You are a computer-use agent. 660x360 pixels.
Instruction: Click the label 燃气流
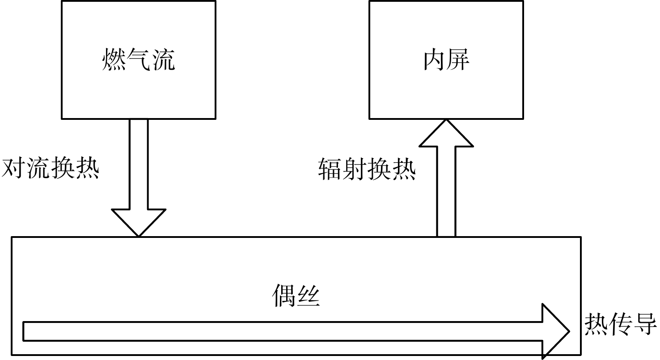tap(139, 59)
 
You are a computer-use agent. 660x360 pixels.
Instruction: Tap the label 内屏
tap(446, 59)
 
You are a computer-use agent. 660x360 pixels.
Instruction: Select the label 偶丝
tap(296, 296)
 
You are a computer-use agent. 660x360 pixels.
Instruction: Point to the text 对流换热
tap(50, 169)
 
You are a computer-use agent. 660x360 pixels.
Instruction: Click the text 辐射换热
tap(367, 169)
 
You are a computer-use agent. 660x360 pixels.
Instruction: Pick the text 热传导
tap(621, 324)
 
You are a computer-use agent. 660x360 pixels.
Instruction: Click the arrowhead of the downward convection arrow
tap(139, 223)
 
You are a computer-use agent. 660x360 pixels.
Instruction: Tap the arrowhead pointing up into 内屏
tap(446, 133)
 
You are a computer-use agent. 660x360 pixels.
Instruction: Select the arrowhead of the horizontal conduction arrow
tap(556, 331)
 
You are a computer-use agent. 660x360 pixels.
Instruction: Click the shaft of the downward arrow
tap(139, 164)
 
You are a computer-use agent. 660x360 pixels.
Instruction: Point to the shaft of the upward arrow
tap(446, 191)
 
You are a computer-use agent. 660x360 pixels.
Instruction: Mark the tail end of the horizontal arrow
tap(23, 331)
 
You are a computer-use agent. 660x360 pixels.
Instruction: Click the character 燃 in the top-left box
tap(114, 59)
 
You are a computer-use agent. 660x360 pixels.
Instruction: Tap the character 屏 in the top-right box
tap(458, 59)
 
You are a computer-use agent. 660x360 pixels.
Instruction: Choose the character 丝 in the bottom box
tap(308, 296)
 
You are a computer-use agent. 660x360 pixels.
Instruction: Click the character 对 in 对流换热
tap(13, 169)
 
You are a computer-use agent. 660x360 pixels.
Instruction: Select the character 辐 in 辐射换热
tap(330, 169)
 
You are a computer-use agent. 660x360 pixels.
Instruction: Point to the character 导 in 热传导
tap(645, 324)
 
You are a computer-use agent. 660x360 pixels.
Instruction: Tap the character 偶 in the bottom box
tap(284, 296)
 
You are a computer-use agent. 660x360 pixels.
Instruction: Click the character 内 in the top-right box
tap(434, 59)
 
